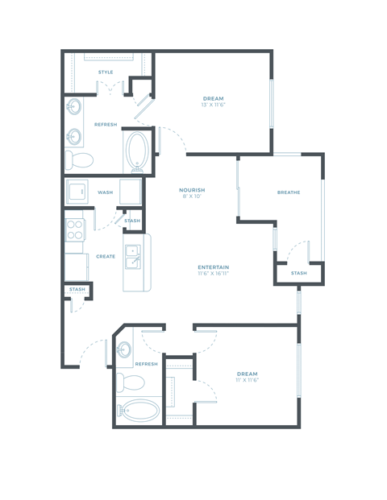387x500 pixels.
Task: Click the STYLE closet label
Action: (106, 72)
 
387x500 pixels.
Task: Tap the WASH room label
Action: (105, 192)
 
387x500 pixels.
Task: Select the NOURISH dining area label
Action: (192, 190)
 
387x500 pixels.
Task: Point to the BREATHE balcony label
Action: (288, 192)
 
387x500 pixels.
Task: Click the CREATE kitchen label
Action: (106, 256)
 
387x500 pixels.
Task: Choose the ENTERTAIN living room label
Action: (214, 267)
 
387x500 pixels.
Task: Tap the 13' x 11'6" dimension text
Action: (214, 105)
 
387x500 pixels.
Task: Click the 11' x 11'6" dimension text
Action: (247, 380)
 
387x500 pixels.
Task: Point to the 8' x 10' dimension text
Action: (192, 196)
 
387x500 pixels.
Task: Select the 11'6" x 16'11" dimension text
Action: (214, 274)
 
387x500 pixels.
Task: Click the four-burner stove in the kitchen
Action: (75, 230)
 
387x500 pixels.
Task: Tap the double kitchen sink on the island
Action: (133, 258)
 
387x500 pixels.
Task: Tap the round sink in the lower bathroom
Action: (124, 350)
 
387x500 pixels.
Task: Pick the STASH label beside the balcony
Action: (298, 273)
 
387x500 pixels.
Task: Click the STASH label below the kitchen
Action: (77, 290)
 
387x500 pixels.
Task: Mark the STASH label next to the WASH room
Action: (131, 221)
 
